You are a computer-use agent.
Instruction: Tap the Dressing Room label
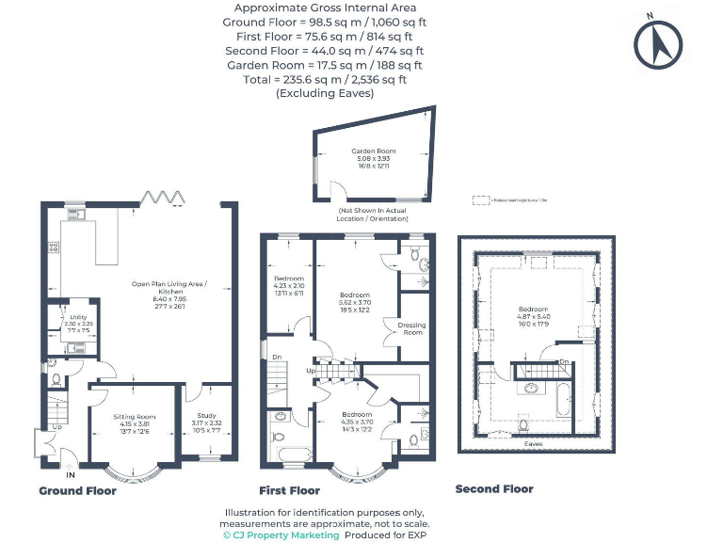tap(412, 328)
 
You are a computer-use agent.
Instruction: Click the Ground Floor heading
tap(77, 490)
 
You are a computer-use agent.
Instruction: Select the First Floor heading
tap(289, 490)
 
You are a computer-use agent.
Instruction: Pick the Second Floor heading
tap(494, 489)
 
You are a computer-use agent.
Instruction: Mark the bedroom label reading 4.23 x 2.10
tap(289, 283)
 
